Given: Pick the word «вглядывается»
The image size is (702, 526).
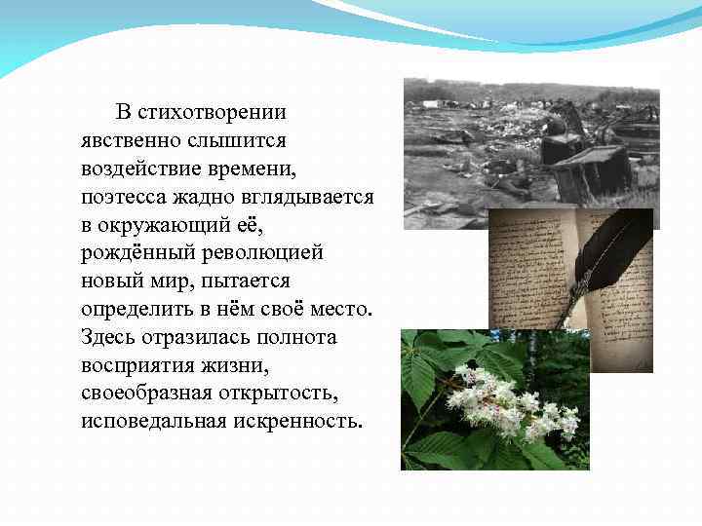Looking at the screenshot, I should click(x=310, y=198).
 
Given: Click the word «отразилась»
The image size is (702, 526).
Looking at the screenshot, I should click(x=199, y=338).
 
